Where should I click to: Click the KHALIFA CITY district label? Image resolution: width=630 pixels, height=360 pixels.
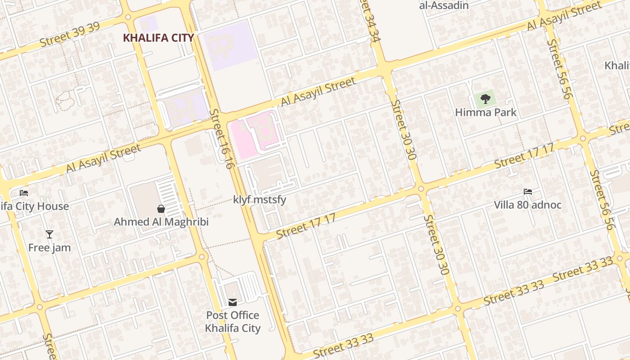click(x=158, y=38)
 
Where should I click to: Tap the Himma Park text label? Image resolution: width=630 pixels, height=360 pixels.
click(x=486, y=112)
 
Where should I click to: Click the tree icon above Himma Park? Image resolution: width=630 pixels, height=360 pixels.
click(x=485, y=99)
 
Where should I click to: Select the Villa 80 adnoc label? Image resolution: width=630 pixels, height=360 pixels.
click(x=527, y=205)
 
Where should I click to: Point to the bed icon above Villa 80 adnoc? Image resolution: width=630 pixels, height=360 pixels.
click(x=528, y=192)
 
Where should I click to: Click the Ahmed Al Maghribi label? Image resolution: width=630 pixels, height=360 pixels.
click(x=161, y=222)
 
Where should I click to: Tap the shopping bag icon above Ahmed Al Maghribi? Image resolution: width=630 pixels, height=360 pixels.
click(x=161, y=209)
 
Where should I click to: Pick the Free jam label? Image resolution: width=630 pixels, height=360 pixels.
click(x=49, y=247)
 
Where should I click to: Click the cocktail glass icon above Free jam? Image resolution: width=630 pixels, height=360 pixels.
click(x=49, y=234)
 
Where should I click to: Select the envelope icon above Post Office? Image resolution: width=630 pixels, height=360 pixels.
click(x=233, y=302)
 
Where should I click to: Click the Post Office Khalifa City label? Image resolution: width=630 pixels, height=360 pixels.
click(x=233, y=321)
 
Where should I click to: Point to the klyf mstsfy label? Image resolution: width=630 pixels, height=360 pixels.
click(x=260, y=199)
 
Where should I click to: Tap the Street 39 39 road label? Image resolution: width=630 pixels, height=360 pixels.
click(x=70, y=34)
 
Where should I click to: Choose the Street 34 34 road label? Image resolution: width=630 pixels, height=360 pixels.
click(x=371, y=20)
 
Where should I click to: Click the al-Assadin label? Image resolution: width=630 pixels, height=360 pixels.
click(x=444, y=5)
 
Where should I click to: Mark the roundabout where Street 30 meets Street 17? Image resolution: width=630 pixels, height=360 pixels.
click(x=421, y=189)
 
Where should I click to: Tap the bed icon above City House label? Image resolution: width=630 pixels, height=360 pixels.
click(x=24, y=193)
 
